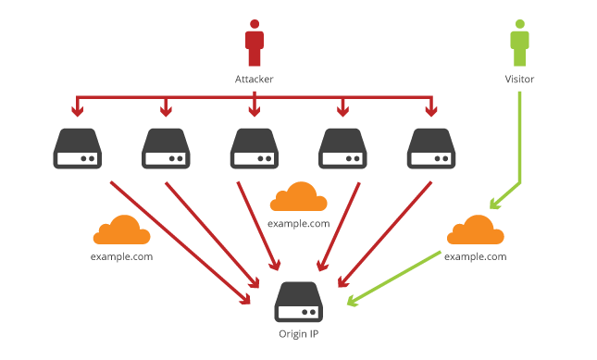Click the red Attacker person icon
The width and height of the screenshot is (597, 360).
tap(255, 44)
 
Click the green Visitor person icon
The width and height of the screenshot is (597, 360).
tap(519, 44)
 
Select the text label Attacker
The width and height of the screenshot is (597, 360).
tap(255, 80)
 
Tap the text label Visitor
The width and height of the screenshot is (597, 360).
tap(519, 80)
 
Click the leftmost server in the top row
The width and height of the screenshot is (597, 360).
tap(77, 149)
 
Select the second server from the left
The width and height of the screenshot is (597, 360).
tap(166, 149)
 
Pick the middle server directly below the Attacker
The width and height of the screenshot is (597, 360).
tap(255, 149)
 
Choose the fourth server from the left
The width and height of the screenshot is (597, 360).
tap(342, 149)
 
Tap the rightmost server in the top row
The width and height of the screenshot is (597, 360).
tap(430, 149)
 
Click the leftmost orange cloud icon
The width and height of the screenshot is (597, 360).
tap(121, 230)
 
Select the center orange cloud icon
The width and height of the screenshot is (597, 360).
tap(298, 197)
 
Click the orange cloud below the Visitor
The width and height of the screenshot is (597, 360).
tap(476, 230)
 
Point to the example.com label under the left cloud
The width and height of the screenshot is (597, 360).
tap(121, 256)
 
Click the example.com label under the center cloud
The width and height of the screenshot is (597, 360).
tap(298, 224)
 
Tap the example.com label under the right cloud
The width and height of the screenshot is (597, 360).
tap(476, 256)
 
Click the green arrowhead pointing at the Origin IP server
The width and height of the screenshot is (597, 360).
tap(352, 299)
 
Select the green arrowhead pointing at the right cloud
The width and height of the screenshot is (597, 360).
tap(494, 205)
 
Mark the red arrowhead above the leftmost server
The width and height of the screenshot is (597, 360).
tap(77, 114)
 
